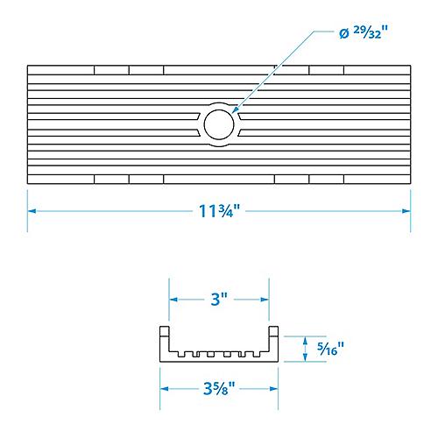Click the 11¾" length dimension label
coord(219,211)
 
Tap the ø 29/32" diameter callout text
coord(364,32)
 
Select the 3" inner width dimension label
coord(219,300)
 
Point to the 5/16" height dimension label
coord(330,349)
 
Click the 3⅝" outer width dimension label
coord(219,389)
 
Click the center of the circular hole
coord(219,124)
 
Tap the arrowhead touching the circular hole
coord(235,110)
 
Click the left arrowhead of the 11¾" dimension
coord(32,211)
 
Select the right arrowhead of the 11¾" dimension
coord(406,211)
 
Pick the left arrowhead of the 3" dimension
coord(173,300)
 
